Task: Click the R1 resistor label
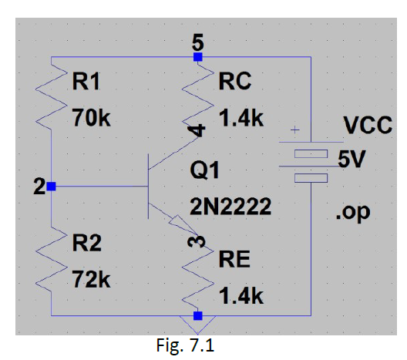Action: point(86,82)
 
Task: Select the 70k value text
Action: point(90,119)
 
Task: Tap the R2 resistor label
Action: point(86,245)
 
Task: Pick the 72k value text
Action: point(90,279)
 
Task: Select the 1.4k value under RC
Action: point(241,119)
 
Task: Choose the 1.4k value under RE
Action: point(241,296)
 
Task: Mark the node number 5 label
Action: point(198,42)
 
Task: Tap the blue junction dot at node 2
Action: point(51,187)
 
